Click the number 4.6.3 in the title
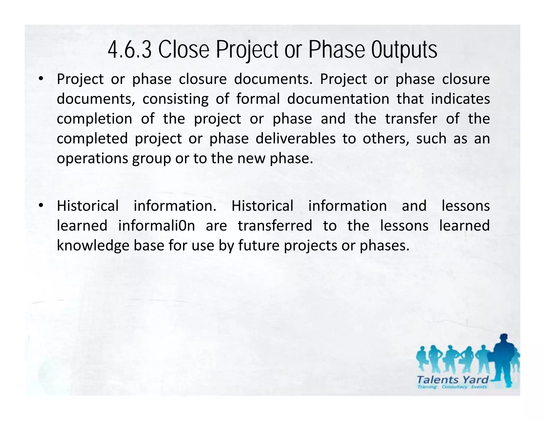point(130,50)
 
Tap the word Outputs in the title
point(404,50)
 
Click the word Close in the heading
point(184,50)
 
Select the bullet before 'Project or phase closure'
point(40,79)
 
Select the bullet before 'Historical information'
point(40,205)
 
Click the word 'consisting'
point(175,99)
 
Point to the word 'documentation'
point(338,99)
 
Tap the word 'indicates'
point(460,99)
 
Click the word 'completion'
point(94,119)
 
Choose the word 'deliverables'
point(296,138)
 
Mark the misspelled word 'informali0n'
point(156,226)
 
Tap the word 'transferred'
point(275,226)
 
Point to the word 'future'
point(259,245)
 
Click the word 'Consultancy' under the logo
point(454,387)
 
